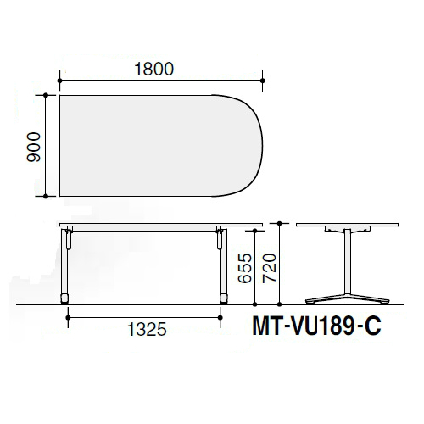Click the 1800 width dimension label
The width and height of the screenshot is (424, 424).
(x=154, y=70)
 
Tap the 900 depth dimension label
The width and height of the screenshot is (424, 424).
(x=34, y=147)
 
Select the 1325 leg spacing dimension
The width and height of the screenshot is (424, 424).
(x=147, y=329)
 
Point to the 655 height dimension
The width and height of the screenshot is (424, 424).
(x=245, y=268)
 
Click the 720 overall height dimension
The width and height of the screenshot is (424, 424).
(x=270, y=268)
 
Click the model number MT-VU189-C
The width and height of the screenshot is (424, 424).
(x=316, y=326)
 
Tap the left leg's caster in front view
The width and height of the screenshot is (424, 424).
(x=64, y=299)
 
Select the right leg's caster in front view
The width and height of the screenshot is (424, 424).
(x=224, y=299)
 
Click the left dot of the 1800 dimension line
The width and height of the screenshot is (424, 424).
(x=59, y=81)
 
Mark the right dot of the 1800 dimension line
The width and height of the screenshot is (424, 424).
(x=263, y=81)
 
